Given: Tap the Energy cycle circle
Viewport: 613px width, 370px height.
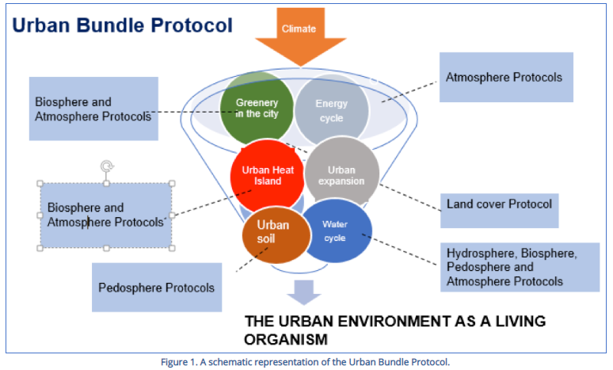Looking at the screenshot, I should point(331,110).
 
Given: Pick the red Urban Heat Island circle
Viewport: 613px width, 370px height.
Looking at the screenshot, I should point(267,176).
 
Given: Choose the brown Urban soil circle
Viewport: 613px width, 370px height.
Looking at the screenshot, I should point(272,231).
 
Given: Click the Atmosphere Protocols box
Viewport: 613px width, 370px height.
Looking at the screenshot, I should point(505,78).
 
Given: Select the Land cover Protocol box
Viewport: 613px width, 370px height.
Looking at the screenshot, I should point(499,204).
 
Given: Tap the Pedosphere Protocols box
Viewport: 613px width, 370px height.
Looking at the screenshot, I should point(156,288).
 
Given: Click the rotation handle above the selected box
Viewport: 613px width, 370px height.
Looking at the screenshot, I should point(106,166).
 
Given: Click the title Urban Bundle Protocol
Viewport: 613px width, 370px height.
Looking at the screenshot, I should point(122,25).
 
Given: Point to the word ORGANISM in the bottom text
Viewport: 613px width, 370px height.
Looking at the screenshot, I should point(285,339).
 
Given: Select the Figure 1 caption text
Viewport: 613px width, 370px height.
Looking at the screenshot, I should point(305,362).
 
